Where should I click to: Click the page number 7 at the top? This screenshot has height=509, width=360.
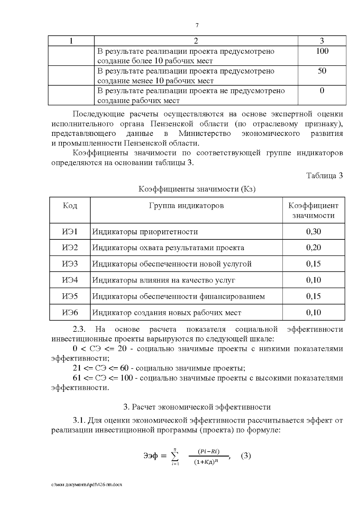(197, 25)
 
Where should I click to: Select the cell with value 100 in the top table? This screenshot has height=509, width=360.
(322, 51)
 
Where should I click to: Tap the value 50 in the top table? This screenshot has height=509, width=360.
(322, 71)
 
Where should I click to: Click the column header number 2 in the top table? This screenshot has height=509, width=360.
(196, 41)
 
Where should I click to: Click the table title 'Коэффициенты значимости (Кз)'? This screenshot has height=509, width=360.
(197, 189)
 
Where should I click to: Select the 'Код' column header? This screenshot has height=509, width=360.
(70, 206)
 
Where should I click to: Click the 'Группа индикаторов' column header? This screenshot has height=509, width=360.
(186, 206)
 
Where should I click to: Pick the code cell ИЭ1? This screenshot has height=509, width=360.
(70, 232)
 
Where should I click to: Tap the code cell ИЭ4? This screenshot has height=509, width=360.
(70, 280)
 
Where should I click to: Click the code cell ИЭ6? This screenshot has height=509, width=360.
(70, 313)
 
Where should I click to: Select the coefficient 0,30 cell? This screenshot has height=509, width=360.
(313, 232)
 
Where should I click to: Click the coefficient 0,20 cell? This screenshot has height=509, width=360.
(313, 248)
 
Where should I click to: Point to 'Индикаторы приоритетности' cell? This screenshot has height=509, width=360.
(145, 232)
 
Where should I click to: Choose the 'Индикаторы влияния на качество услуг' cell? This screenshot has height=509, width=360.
(163, 280)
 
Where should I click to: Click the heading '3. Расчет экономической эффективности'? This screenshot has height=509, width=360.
(197, 407)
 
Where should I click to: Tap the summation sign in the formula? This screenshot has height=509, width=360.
(175, 457)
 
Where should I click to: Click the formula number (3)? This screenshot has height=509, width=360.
(246, 456)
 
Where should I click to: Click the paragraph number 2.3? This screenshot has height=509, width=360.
(79, 329)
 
